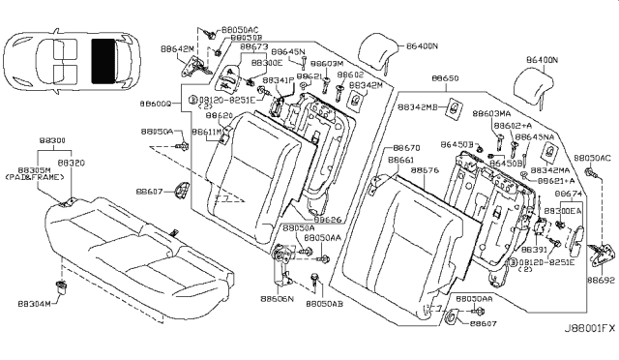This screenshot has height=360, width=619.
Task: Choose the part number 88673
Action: [x=254, y=45]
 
